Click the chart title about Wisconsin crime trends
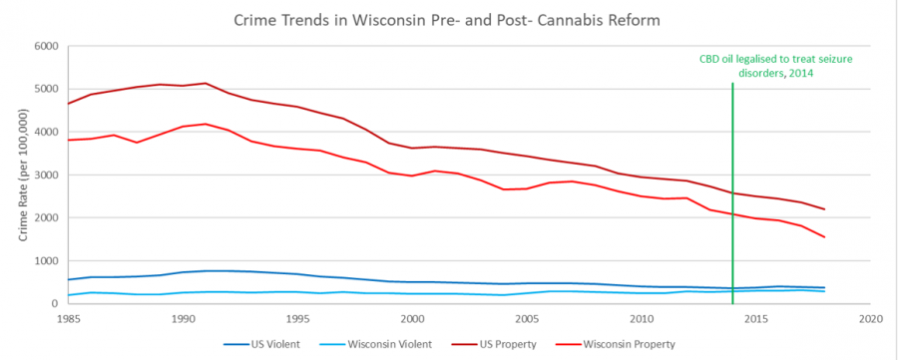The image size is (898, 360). pos(448,19)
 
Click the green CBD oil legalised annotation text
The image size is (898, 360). pos(781,67)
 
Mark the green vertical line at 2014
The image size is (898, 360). pos(732,199)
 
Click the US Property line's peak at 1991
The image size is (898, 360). pos(206,83)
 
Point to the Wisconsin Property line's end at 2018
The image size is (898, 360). pos(824,237)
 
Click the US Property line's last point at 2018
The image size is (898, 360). pos(824,209)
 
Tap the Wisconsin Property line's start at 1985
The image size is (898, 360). pos(69,140)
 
